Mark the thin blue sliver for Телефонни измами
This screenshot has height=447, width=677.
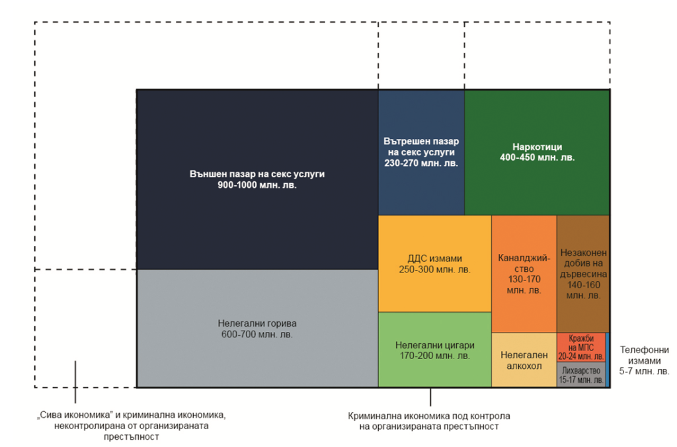(x=608, y=360)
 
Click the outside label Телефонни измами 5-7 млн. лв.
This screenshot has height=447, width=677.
(x=643, y=360)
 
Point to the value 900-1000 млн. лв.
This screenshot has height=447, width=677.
(x=257, y=186)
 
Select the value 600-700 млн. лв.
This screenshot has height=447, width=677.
(x=257, y=335)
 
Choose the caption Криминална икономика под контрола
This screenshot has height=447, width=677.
(x=429, y=421)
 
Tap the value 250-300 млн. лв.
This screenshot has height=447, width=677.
(x=434, y=270)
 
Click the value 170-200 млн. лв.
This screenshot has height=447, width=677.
(x=434, y=356)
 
